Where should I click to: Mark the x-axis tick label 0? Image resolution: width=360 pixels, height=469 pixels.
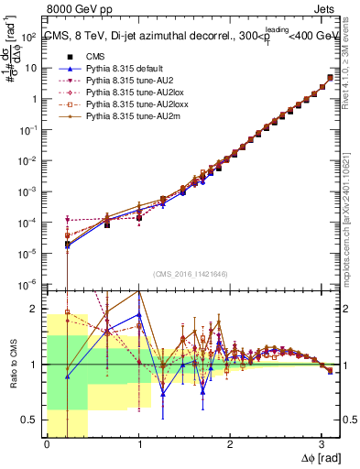coord(47,444)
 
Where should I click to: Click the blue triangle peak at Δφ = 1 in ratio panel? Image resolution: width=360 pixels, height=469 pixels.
coord(138,314)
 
